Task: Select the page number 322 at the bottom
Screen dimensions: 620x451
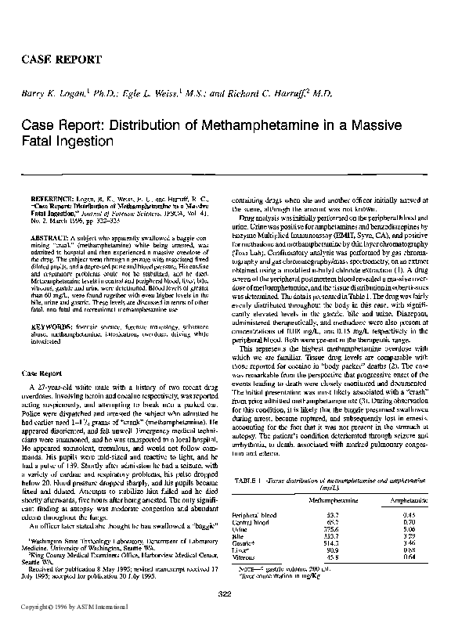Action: [x=225, y=596]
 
